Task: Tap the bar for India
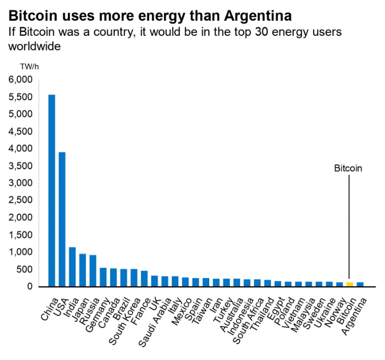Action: click(72, 266)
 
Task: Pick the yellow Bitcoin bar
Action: click(350, 284)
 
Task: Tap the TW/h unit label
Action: click(29, 67)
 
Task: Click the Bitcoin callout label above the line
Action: click(348, 169)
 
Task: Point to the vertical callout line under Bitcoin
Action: click(349, 228)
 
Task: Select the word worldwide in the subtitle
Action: click(34, 47)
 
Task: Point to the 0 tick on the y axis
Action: click(29, 287)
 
